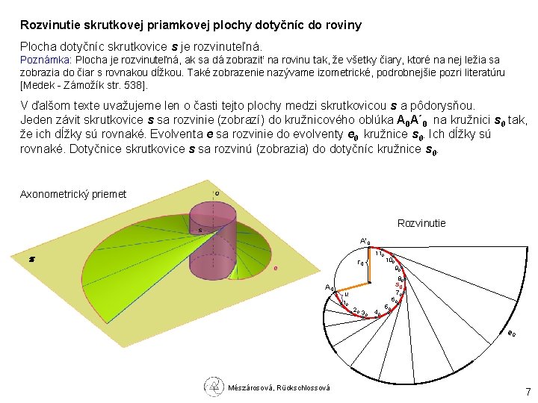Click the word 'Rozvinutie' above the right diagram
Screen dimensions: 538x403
421,223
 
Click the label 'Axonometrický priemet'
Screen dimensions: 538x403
73,194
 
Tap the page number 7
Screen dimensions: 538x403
527,391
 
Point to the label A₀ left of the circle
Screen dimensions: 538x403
329,288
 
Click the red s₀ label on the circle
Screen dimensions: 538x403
400,285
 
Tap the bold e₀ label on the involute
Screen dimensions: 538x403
511,334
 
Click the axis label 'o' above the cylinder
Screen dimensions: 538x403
217,193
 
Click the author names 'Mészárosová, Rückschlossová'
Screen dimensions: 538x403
279,387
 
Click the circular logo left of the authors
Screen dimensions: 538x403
214,387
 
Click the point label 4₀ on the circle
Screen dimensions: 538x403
377,313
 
